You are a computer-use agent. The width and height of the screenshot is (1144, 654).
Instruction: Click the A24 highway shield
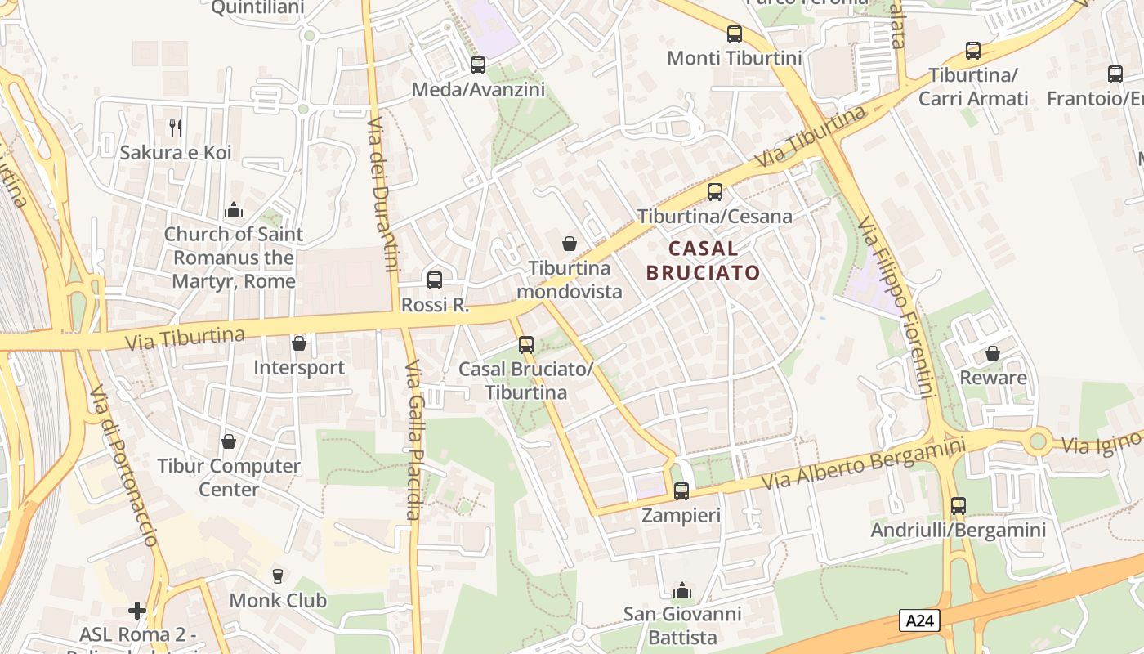point(919,620)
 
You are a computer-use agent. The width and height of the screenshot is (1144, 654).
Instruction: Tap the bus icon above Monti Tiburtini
point(735,34)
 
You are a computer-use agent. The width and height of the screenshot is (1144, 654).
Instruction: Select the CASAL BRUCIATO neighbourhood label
point(703,260)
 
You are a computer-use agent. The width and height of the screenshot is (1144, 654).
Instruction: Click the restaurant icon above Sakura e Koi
point(175,128)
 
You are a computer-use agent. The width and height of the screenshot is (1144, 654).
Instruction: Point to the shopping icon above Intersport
point(299,343)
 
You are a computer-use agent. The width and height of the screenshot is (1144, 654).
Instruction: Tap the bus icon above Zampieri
point(681,491)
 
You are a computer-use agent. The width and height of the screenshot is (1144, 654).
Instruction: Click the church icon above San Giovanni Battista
point(681,590)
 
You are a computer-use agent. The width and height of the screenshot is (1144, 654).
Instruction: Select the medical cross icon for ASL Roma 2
point(137,611)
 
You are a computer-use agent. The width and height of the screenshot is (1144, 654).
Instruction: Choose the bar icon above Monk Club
point(278,576)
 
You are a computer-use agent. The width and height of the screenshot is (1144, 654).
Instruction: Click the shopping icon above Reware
point(993,353)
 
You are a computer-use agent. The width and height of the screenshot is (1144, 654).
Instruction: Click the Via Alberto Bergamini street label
point(863,464)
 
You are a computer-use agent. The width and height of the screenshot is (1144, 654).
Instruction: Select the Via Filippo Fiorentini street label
point(896,307)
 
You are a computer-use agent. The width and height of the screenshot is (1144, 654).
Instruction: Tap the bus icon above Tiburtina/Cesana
point(715,192)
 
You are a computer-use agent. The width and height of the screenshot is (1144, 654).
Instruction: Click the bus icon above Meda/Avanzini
point(478,65)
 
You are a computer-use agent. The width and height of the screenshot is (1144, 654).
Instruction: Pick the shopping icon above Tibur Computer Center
point(229,441)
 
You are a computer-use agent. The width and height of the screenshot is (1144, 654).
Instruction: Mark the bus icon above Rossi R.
point(435,280)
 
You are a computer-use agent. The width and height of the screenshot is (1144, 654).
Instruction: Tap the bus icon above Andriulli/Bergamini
point(959,506)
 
